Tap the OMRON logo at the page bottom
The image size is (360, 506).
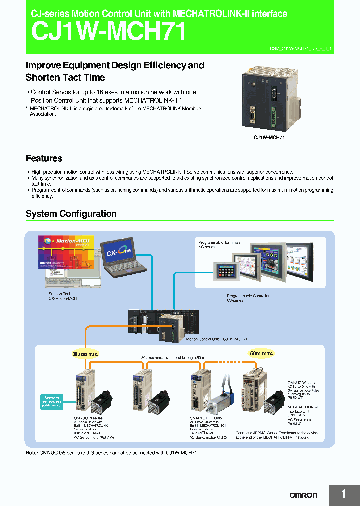[x=303, y=495]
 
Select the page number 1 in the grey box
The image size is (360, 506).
[x=344, y=494]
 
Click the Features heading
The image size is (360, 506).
[x=44, y=159]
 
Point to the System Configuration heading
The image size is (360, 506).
[x=71, y=214]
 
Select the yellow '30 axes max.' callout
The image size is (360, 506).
[x=85, y=353]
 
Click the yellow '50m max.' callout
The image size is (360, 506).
[x=262, y=353]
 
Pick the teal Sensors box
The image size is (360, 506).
[x=52, y=400]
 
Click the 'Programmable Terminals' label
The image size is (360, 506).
[x=219, y=242]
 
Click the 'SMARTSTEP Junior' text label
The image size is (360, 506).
[x=206, y=418]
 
